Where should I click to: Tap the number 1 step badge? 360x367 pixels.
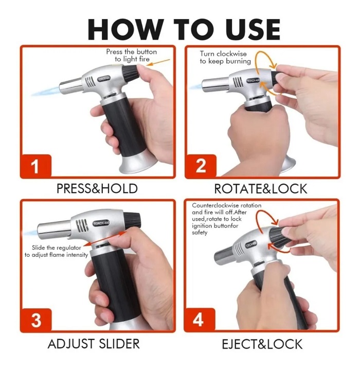pos(35,166)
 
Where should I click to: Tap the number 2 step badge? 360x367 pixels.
pos(201,166)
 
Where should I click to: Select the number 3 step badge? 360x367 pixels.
pos(36,320)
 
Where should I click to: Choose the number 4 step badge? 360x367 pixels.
pos(199,320)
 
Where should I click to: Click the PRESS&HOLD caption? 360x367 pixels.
pos(97,189)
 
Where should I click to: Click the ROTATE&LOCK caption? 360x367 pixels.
pos(261,189)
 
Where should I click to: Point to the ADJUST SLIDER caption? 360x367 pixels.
pos(94,344)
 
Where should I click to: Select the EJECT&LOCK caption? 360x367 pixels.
pos(262,344)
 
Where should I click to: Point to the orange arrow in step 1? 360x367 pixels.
pos(159,62)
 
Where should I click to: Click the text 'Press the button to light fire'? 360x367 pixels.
pos(132,55)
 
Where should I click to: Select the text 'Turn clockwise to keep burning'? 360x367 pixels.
pos(225,58)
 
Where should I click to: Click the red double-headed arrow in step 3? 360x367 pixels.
pos(105,238)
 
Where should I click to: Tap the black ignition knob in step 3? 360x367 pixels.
pos(132,220)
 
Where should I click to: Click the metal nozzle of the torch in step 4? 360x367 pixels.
pos(225,256)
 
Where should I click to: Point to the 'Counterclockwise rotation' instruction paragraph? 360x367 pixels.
pos(226,219)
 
